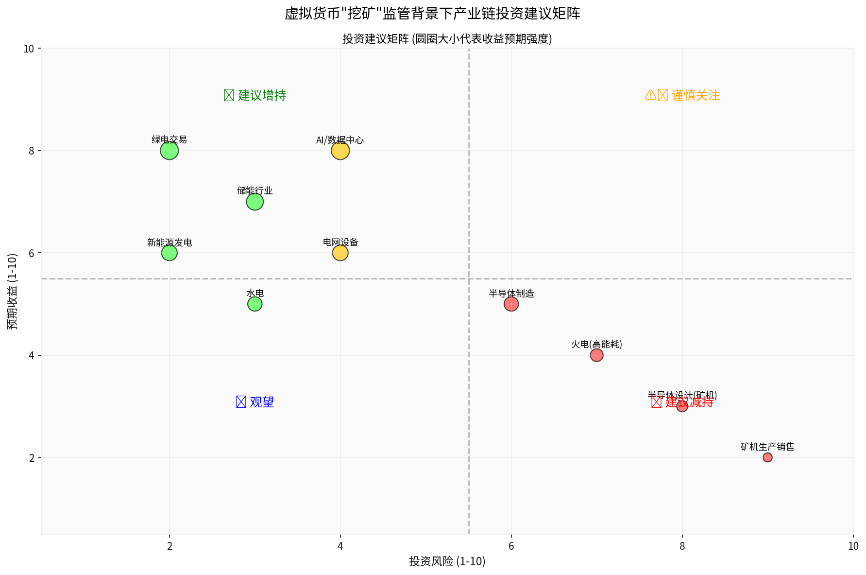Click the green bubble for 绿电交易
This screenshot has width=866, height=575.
169,151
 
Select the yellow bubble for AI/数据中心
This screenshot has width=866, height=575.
340,151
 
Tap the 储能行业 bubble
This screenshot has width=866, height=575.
255,202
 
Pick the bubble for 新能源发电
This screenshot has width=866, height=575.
169,253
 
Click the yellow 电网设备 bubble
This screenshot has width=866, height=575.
340,253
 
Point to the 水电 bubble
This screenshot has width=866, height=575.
255,304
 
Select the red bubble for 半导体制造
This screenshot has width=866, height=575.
511,304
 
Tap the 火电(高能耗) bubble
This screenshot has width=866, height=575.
596,355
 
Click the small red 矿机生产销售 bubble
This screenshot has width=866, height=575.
767,457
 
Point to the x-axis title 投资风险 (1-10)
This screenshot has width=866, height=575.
447,561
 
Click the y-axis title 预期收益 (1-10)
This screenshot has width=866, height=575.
13,291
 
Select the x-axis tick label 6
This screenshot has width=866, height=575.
511,546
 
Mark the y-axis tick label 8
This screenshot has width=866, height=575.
32,151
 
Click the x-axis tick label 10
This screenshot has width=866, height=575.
853,546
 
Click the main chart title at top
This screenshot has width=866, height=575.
432,13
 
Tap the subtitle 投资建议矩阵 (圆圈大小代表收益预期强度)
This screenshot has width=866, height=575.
447,39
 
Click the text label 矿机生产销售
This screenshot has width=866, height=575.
767,447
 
